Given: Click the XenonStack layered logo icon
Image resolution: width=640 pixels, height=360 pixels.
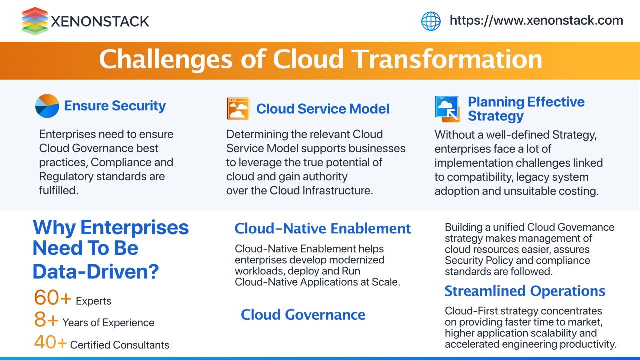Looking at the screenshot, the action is pyautogui.click(x=35, y=21).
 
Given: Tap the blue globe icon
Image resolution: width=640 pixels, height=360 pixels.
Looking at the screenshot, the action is pyautogui.click(x=431, y=21).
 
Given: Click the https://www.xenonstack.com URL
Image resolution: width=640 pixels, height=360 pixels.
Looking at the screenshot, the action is pyautogui.click(x=536, y=21).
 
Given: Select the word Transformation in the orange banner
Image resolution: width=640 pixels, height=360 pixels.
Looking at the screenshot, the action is pyautogui.click(x=447, y=59).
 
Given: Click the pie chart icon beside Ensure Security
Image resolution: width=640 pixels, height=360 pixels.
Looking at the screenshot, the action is pyautogui.click(x=47, y=106).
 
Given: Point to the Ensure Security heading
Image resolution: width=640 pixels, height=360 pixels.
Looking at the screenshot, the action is pyautogui.click(x=115, y=106).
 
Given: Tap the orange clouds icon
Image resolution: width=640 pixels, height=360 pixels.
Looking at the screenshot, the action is pyautogui.click(x=238, y=109).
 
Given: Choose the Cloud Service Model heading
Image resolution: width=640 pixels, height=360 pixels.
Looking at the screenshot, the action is pyautogui.click(x=323, y=109).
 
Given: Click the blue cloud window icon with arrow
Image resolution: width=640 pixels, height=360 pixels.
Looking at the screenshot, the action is pyautogui.click(x=447, y=109).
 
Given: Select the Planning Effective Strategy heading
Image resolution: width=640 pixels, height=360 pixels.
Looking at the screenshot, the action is pyautogui.click(x=526, y=109).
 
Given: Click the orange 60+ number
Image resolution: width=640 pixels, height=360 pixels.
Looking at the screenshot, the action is pyautogui.click(x=52, y=297).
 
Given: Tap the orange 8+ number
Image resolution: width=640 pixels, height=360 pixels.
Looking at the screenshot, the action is pyautogui.click(x=46, y=319).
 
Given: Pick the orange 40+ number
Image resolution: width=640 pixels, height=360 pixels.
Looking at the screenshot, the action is pyautogui.click(x=50, y=342).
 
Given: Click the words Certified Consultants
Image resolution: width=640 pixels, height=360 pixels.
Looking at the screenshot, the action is pyautogui.click(x=119, y=345).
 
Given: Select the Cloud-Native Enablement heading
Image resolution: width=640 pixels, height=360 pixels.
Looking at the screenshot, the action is pyautogui.click(x=323, y=229).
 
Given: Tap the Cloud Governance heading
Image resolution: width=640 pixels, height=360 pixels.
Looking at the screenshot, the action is pyautogui.click(x=303, y=315).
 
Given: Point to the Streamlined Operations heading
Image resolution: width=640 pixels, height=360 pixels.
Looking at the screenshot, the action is pyautogui.click(x=525, y=291).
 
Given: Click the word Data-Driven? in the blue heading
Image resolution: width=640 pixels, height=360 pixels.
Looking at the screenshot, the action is pyautogui.click(x=96, y=271).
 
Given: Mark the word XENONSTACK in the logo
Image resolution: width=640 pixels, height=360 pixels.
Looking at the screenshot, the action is pyautogui.click(x=100, y=21).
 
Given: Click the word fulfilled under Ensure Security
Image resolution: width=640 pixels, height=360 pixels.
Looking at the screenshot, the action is pyautogui.click(x=59, y=190).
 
